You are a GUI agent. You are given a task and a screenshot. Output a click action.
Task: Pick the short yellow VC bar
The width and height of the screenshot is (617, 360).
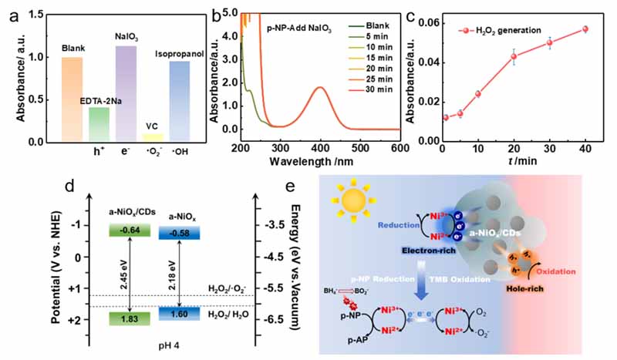pyautogui.click(x=153, y=137)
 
